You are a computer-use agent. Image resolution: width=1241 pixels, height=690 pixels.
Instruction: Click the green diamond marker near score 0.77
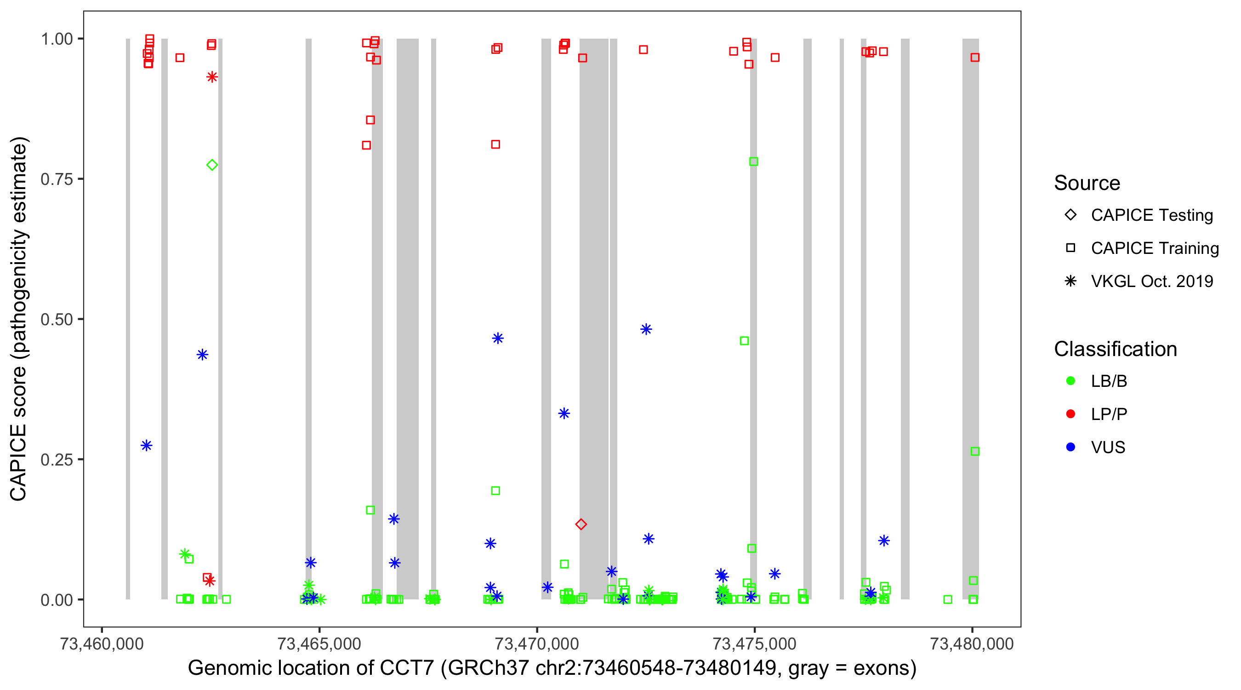coord(212,165)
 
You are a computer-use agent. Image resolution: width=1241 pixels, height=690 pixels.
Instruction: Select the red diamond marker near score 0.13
coord(581,524)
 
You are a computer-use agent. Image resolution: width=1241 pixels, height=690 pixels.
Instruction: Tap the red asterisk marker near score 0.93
coord(212,77)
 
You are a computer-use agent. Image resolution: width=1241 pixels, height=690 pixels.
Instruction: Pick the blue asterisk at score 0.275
coord(147,446)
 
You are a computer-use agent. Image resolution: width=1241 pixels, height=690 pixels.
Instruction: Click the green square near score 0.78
coord(753,161)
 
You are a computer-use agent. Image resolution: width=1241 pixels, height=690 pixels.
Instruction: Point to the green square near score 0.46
coord(744,341)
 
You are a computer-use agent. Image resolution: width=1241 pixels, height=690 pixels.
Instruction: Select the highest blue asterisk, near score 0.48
coord(646,329)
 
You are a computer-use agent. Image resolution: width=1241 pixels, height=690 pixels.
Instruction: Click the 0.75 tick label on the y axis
coord(57,179)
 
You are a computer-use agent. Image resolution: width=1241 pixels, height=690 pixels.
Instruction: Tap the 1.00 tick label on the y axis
coord(57,39)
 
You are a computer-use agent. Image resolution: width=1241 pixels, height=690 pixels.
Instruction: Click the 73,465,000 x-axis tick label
coord(319,644)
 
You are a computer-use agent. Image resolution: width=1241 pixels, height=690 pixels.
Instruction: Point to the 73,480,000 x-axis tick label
coord(971,644)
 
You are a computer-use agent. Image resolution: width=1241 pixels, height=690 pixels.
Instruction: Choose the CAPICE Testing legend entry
coord(1151,215)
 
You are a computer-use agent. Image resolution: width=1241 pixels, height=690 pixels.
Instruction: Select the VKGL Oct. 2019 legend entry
coord(1151,281)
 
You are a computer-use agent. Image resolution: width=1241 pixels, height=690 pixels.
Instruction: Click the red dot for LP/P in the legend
coord(1070,414)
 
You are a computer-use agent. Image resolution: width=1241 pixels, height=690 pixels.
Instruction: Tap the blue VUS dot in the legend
coord(1070,447)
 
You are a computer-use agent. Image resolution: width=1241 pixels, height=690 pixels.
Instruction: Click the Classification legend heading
coord(1115,349)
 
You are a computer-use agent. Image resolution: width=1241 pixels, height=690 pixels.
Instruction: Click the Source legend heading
coord(1087,183)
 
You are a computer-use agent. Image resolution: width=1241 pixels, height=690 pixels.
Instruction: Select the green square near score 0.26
coord(974,451)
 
